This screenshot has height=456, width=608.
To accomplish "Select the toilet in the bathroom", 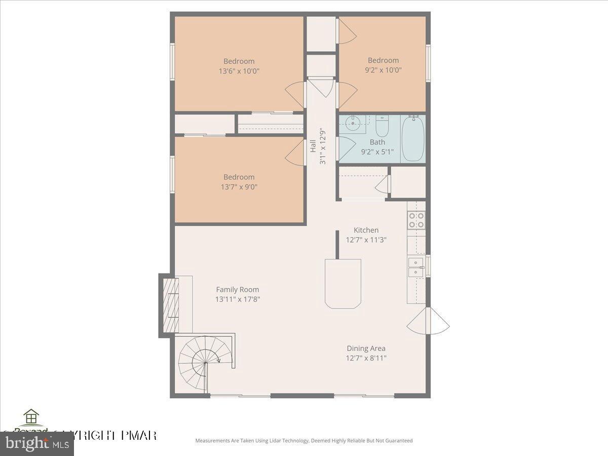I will click(x=382, y=126).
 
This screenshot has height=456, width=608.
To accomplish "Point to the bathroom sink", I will click(x=355, y=122).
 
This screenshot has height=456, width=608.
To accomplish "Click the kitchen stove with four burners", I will click(x=416, y=220).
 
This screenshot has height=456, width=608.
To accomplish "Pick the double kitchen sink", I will click(x=416, y=267).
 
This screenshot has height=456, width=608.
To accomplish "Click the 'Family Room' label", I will click(x=237, y=290).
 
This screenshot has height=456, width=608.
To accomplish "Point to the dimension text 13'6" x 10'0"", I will click(x=239, y=71).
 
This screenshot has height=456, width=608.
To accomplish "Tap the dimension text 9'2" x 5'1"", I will click(x=377, y=151).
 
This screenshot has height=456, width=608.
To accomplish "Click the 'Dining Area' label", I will click(x=366, y=349).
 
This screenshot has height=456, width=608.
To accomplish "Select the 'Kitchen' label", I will click(x=366, y=230).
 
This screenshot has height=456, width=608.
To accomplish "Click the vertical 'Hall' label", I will click(x=313, y=146).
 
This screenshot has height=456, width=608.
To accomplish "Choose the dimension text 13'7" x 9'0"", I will click(x=239, y=186).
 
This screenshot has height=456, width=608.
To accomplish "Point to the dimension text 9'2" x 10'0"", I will click(x=383, y=70).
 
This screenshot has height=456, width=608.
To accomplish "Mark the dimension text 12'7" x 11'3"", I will click(x=366, y=240).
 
